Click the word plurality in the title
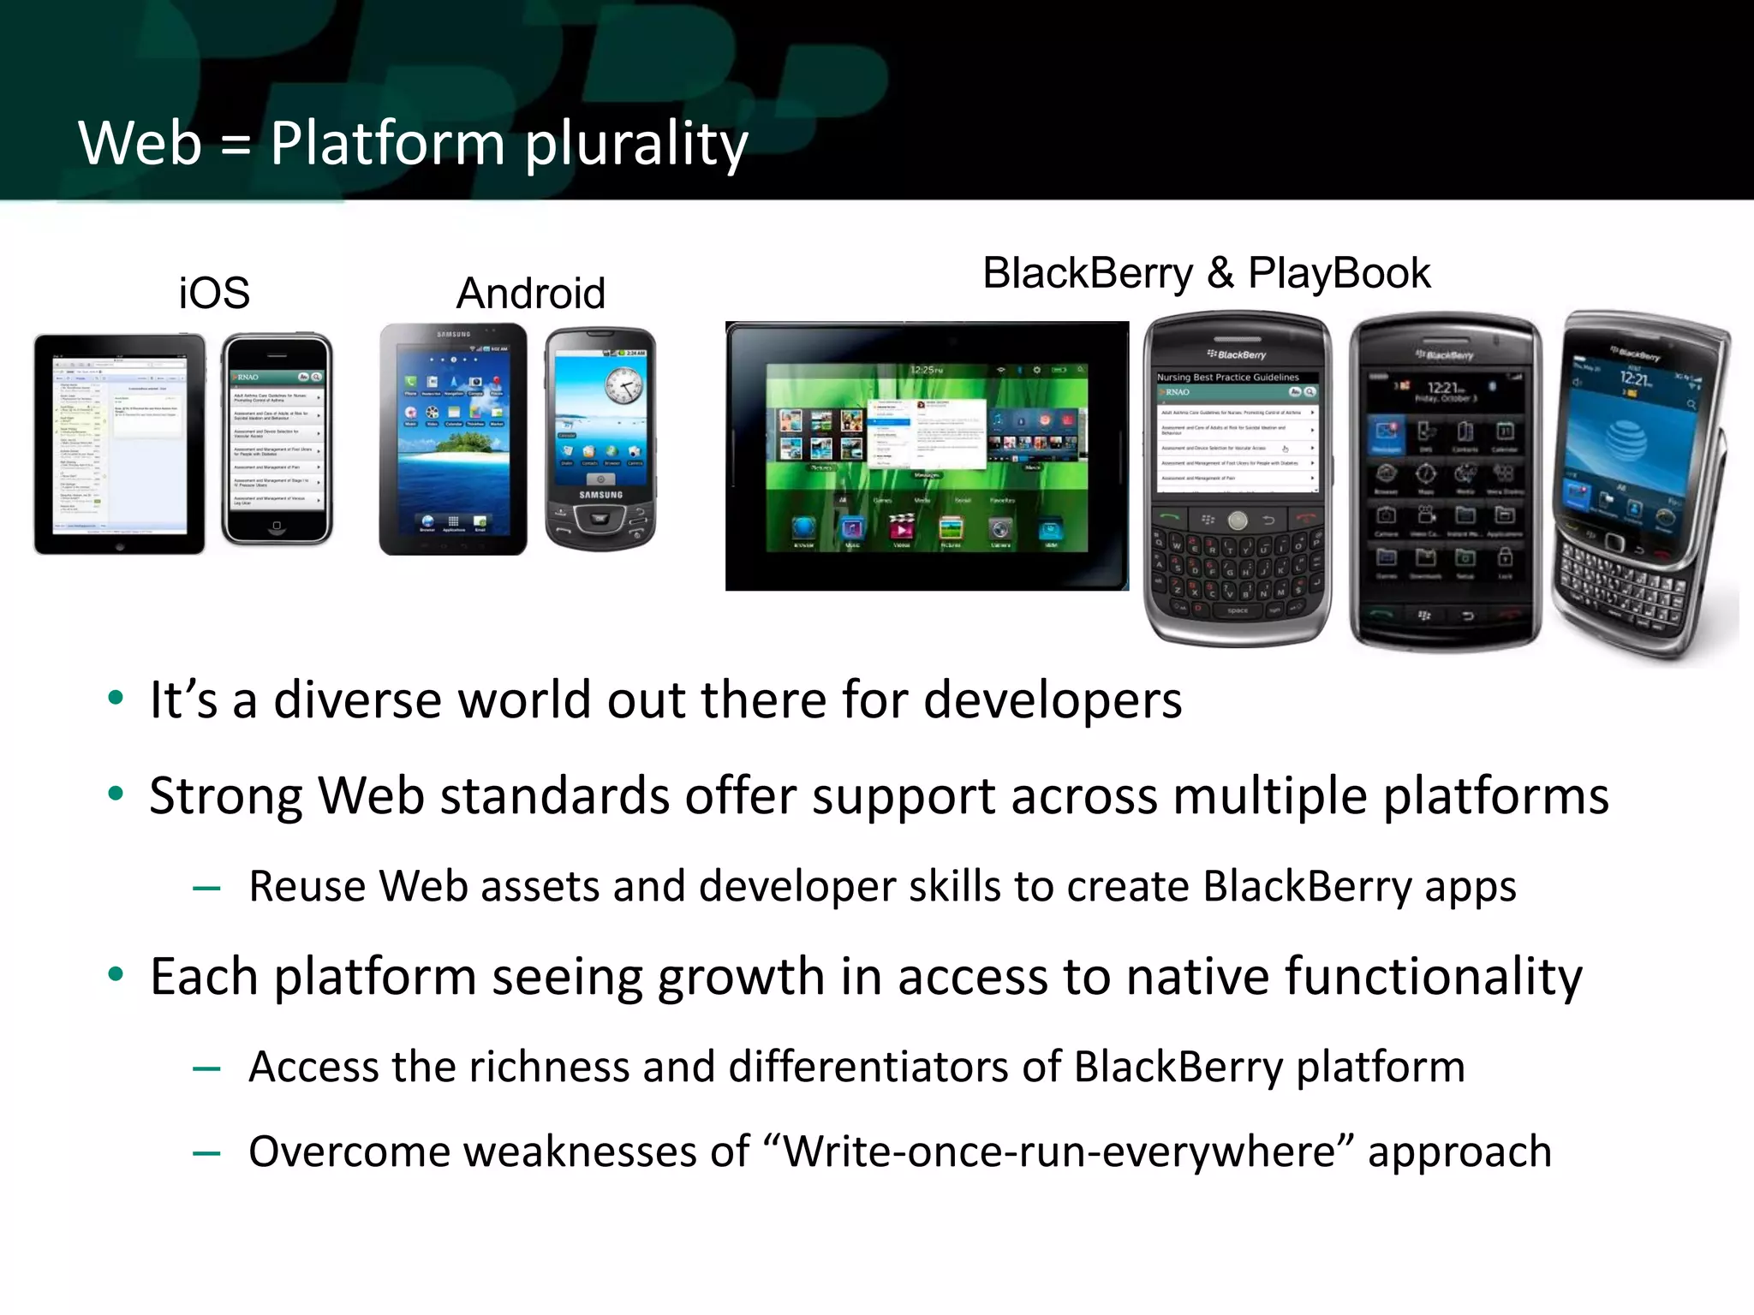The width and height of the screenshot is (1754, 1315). point(636,144)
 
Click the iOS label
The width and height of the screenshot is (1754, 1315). point(214,294)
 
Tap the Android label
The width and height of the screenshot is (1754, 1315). point(530,294)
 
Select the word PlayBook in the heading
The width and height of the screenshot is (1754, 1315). point(1339,274)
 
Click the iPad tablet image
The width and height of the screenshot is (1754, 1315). point(119,443)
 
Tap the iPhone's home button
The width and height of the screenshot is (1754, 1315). point(276,525)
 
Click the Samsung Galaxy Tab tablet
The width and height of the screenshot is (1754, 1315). point(453,439)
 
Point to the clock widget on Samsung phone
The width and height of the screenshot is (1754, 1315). point(624,385)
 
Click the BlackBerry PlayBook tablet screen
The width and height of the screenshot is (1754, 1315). point(927,456)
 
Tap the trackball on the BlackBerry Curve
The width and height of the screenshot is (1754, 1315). point(1238,520)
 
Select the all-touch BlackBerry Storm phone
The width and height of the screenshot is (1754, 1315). point(1445,482)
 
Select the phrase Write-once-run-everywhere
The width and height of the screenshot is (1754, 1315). point(1059,1152)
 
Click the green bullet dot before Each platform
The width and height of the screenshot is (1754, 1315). point(116,974)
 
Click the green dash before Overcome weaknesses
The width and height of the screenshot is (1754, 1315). point(206,1154)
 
